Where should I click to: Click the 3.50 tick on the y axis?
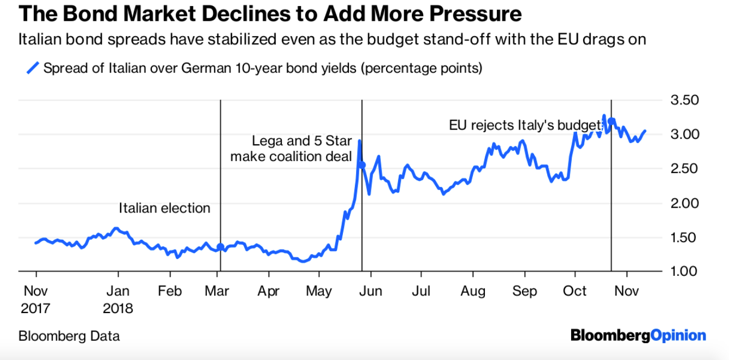(x=684, y=100)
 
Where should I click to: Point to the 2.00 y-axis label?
(x=684, y=203)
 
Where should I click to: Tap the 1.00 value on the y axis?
(x=684, y=272)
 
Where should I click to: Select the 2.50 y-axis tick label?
(x=684, y=168)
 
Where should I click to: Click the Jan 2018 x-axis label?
(x=117, y=299)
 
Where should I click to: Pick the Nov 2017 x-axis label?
(x=35, y=299)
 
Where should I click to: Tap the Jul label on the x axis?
(x=421, y=291)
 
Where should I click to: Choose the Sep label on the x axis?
(x=524, y=291)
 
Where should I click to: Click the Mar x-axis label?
(x=217, y=291)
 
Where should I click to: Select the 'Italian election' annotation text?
(x=164, y=208)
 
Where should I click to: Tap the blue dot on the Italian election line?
(x=220, y=246)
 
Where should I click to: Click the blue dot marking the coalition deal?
(x=362, y=164)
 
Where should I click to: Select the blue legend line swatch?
(x=33, y=68)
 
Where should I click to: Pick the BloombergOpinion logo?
(x=638, y=335)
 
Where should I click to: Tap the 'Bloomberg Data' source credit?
(x=69, y=336)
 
